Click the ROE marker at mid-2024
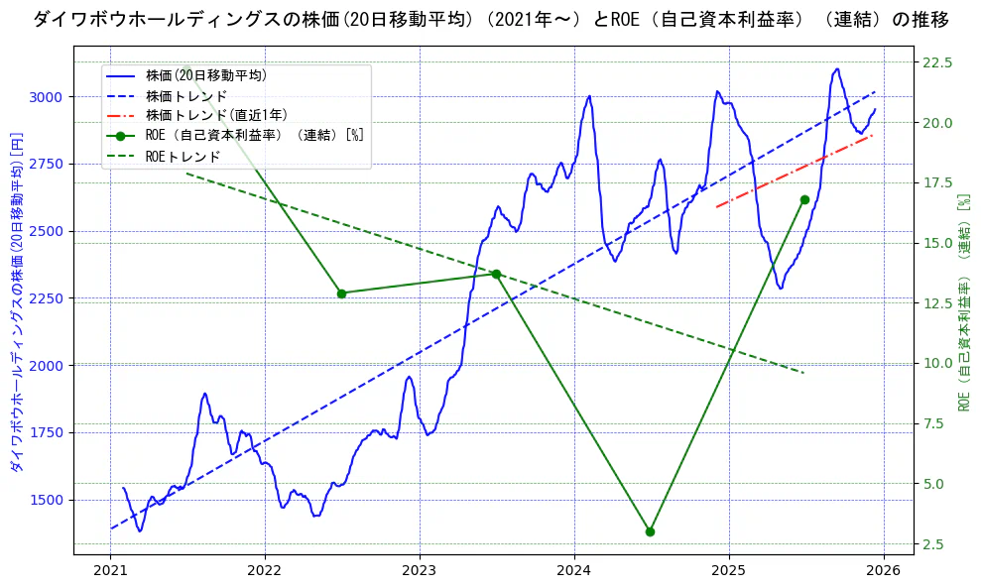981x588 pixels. (x=650, y=531)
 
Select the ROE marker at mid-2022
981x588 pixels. (x=341, y=294)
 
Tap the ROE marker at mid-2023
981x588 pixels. (x=496, y=274)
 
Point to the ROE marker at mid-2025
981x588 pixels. (x=804, y=199)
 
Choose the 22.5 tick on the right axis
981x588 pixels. (x=937, y=62)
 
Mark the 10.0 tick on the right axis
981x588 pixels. (x=937, y=363)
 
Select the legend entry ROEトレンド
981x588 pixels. (x=183, y=157)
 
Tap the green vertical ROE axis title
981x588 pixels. (x=963, y=302)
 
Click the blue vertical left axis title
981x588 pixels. (x=16, y=302)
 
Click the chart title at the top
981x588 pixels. (x=490, y=19)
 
